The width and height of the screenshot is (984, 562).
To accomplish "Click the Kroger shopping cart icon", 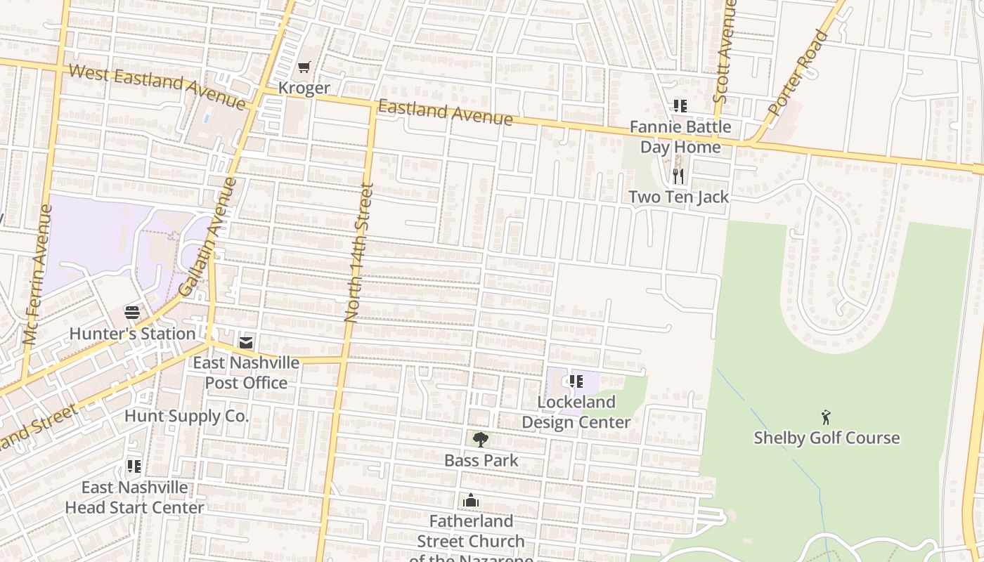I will pyautogui.click(x=304, y=67).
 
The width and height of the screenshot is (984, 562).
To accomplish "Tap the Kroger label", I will pyautogui.click(x=304, y=88).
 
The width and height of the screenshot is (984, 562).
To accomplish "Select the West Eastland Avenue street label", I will pyautogui.click(x=157, y=86).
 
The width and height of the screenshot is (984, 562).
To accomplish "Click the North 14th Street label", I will pyautogui.click(x=358, y=253).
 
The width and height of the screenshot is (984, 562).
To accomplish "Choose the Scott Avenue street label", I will pyautogui.click(x=725, y=51).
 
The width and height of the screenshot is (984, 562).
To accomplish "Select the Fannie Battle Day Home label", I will pyautogui.click(x=680, y=137).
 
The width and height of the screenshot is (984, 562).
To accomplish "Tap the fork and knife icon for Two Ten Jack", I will pyautogui.click(x=678, y=176).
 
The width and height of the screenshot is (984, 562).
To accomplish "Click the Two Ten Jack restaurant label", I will pyautogui.click(x=678, y=197).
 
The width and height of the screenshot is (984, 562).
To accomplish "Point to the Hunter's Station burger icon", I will pyautogui.click(x=132, y=313).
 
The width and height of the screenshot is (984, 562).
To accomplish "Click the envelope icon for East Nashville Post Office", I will pyautogui.click(x=246, y=342).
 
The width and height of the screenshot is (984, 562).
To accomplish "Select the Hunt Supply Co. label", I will pyautogui.click(x=186, y=416).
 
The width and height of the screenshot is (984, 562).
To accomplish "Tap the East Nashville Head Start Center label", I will pyautogui.click(x=134, y=497).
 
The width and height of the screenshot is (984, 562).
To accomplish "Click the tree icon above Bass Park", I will pyautogui.click(x=481, y=440).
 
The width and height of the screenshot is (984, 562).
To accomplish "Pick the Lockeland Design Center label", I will pyautogui.click(x=576, y=412).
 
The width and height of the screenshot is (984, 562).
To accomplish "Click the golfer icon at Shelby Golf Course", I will pyautogui.click(x=826, y=417).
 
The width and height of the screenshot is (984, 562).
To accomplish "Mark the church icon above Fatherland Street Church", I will pyautogui.click(x=471, y=500).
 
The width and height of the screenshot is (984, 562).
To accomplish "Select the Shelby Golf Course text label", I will pyautogui.click(x=827, y=438).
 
